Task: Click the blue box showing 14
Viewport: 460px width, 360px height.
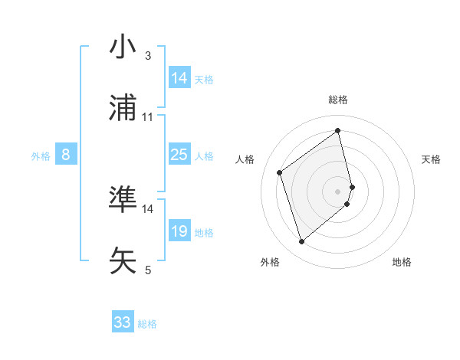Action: tap(179, 78)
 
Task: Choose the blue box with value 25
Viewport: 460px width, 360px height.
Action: tap(179, 155)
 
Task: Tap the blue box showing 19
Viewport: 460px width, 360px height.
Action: tap(179, 231)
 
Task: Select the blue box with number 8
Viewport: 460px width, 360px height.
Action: tap(66, 155)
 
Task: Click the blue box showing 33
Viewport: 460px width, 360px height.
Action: tap(123, 322)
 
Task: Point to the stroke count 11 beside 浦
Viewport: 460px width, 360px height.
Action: tap(148, 117)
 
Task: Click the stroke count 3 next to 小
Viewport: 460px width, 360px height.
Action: tap(148, 56)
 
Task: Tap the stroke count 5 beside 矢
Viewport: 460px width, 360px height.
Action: tap(148, 270)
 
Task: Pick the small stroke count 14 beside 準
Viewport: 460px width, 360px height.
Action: tap(148, 208)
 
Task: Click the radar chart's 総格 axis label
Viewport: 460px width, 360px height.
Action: tap(338, 100)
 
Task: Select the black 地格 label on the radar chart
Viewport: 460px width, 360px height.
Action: tap(402, 262)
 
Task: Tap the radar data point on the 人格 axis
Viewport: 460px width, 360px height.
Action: tap(279, 172)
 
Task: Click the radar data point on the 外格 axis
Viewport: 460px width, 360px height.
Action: tap(301, 242)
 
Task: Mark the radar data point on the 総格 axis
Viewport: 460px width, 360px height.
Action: tap(338, 131)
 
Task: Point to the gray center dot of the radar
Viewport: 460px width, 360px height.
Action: tap(338, 191)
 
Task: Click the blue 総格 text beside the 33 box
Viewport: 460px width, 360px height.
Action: tap(147, 324)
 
